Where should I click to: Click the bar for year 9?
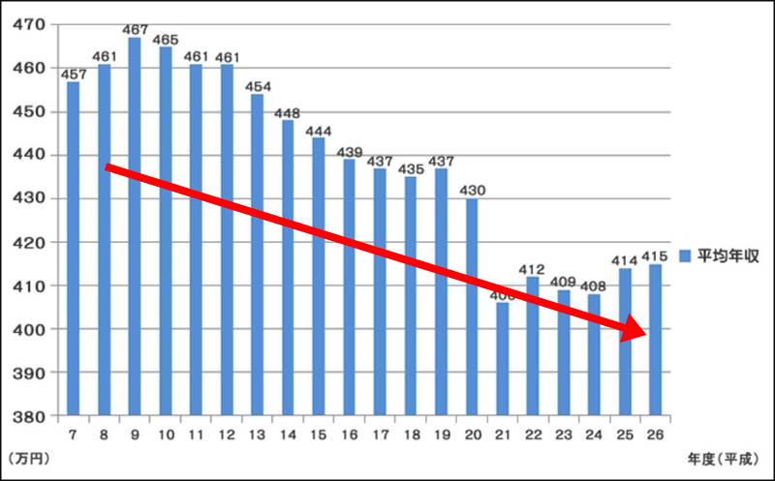point(135,226)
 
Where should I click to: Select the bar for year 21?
point(501,358)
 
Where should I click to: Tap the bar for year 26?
point(654,340)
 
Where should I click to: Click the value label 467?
point(135,31)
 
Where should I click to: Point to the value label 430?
point(471,192)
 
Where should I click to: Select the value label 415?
point(654,257)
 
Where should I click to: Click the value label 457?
point(74,75)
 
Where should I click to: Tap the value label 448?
point(288,113)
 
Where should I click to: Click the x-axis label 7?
point(74,433)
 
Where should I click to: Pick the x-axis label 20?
point(471,433)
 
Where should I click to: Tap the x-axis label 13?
point(257,433)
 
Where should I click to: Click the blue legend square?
point(683,256)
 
